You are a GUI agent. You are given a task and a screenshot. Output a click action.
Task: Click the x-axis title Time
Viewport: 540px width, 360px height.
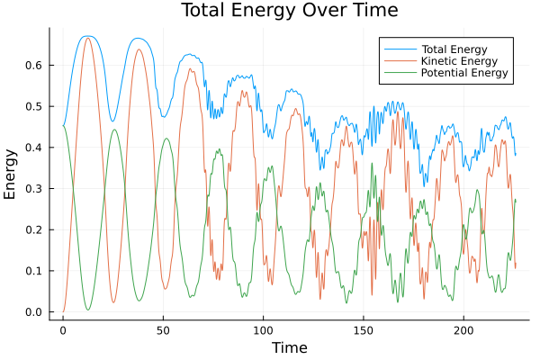click(290, 347)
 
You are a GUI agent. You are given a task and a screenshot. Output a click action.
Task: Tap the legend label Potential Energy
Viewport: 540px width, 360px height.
click(464, 72)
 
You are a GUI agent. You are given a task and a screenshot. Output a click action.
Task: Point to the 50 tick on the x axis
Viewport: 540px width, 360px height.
click(163, 331)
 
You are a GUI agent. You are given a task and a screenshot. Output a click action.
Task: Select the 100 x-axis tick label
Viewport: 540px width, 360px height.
click(263, 331)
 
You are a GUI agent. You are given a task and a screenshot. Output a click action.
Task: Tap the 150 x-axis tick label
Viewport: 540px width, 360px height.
click(363, 331)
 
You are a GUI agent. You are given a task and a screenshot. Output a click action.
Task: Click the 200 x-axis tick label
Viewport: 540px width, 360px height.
click(463, 331)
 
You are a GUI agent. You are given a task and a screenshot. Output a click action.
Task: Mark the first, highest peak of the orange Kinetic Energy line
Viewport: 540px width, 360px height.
click(87, 38)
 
